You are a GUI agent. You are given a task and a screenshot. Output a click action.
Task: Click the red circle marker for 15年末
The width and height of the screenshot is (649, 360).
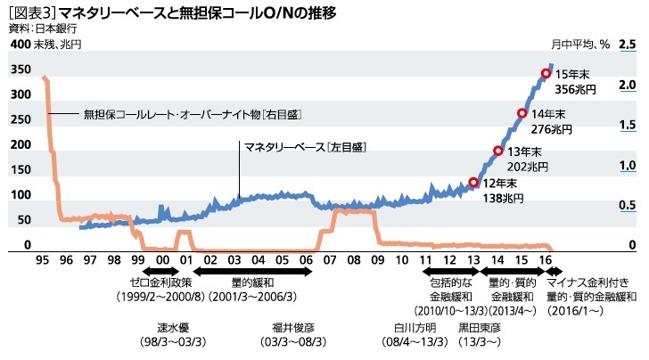[x=546, y=74]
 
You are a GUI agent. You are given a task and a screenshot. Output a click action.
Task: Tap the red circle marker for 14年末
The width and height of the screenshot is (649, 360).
[x=522, y=113]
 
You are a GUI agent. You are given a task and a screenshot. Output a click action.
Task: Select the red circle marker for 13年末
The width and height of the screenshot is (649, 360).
[x=498, y=151]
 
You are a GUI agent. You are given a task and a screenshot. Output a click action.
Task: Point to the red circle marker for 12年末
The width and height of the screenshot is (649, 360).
[x=473, y=183]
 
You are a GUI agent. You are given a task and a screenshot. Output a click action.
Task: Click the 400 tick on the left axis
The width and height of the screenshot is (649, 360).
[x=20, y=44]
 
